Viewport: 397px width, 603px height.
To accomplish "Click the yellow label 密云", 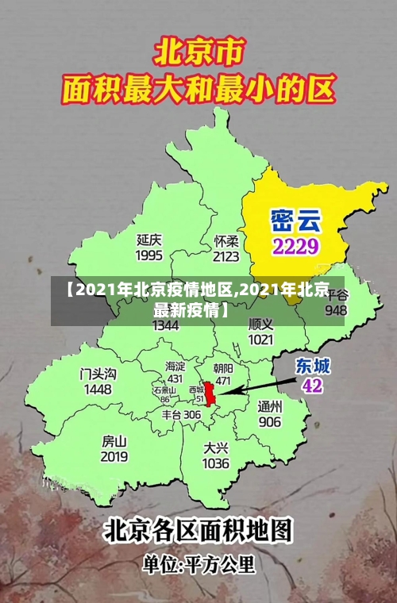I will [x=295, y=218].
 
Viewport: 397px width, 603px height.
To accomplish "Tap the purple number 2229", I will [x=295, y=245].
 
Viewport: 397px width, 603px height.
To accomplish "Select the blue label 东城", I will [x=313, y=366].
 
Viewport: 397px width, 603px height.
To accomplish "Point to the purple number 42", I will [x=313, y=386].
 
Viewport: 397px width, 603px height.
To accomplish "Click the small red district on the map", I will [x=210, y=394].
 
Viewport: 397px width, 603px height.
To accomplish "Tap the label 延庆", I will [x=149, y=240].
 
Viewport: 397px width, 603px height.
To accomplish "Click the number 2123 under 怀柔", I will [x=226, y=256].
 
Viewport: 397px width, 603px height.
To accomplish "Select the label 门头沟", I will [x=98, y=374].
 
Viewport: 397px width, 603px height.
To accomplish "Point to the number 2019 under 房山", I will [x=114, y=456].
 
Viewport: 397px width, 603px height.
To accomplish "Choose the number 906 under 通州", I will [x=270, y=421].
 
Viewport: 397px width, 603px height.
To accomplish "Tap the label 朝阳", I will [x=223, y=368].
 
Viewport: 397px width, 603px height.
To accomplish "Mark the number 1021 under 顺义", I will [x=260, y=339].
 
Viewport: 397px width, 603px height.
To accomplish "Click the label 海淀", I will [x=175, y=366].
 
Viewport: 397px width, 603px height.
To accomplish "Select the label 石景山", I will [x=165, y=390].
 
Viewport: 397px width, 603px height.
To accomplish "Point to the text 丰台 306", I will [x=181, y=414].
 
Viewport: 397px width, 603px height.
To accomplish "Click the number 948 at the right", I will [x=336, y=309].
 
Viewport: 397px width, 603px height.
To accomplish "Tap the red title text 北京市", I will [x=198, y=53].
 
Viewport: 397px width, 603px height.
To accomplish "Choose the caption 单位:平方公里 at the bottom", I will [x=198, y=565].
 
